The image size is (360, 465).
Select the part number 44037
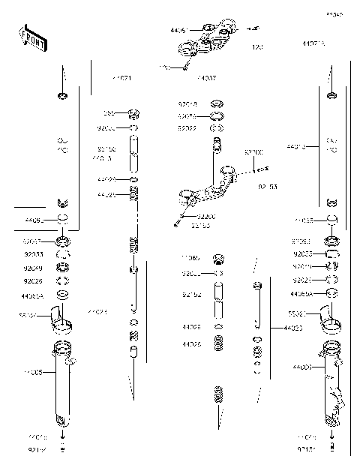coord(205,77)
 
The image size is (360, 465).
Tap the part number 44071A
coord(313,44)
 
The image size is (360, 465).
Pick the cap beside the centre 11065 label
coord(219,259)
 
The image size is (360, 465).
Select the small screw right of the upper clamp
coord(253,28)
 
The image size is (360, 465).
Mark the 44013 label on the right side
coord(298,146)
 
